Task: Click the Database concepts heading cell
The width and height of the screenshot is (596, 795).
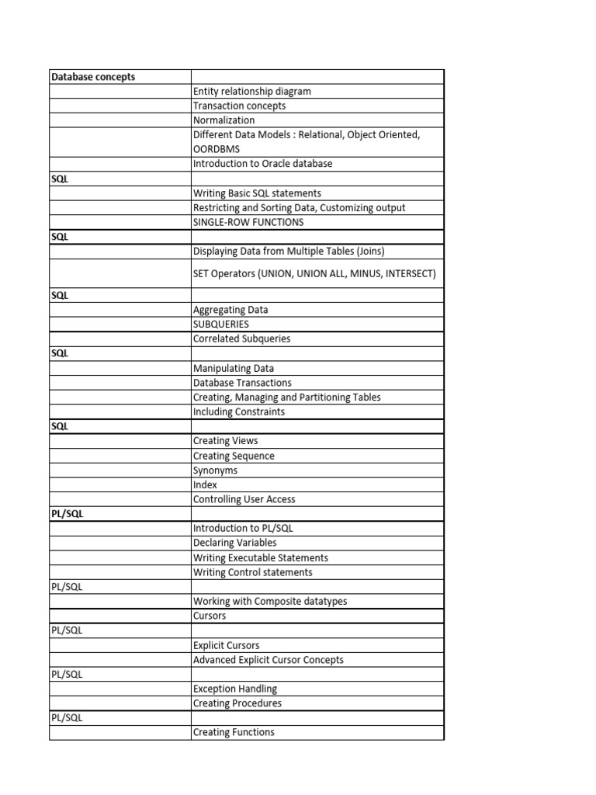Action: [x=93, y=77]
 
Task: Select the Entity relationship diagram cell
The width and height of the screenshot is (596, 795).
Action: [x=251, y=92]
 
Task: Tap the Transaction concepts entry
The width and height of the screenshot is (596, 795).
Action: [x=239, y=106]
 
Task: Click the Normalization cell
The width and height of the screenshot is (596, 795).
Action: [x=223, y=120]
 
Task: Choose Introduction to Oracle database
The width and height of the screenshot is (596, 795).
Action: [x=262, y=164]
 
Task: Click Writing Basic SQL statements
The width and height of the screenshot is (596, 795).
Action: [x=257, y=193]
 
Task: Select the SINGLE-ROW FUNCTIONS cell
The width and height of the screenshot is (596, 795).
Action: [x=248, y=222]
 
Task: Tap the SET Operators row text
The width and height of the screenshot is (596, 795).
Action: [x=314, y=273]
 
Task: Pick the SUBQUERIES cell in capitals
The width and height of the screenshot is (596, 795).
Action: [x=221, y=324]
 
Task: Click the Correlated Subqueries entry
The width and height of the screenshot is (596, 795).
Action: [x=241, y=338]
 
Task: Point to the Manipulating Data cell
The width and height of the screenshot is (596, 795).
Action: [x=233, y=368]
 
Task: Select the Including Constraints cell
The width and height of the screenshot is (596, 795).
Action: [x=239, y=411]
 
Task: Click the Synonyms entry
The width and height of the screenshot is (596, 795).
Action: [x=216, y=470]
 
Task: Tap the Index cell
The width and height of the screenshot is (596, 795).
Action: [x=206, y=484]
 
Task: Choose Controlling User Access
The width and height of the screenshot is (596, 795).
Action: [x=244, y=499]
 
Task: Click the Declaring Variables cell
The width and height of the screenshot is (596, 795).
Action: [x=234, y=543]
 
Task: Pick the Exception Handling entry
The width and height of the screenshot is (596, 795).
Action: [x=234, y=689]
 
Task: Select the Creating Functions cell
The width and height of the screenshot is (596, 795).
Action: [x=234, y=732]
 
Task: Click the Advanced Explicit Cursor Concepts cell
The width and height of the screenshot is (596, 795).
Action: [x=268, y=660]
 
